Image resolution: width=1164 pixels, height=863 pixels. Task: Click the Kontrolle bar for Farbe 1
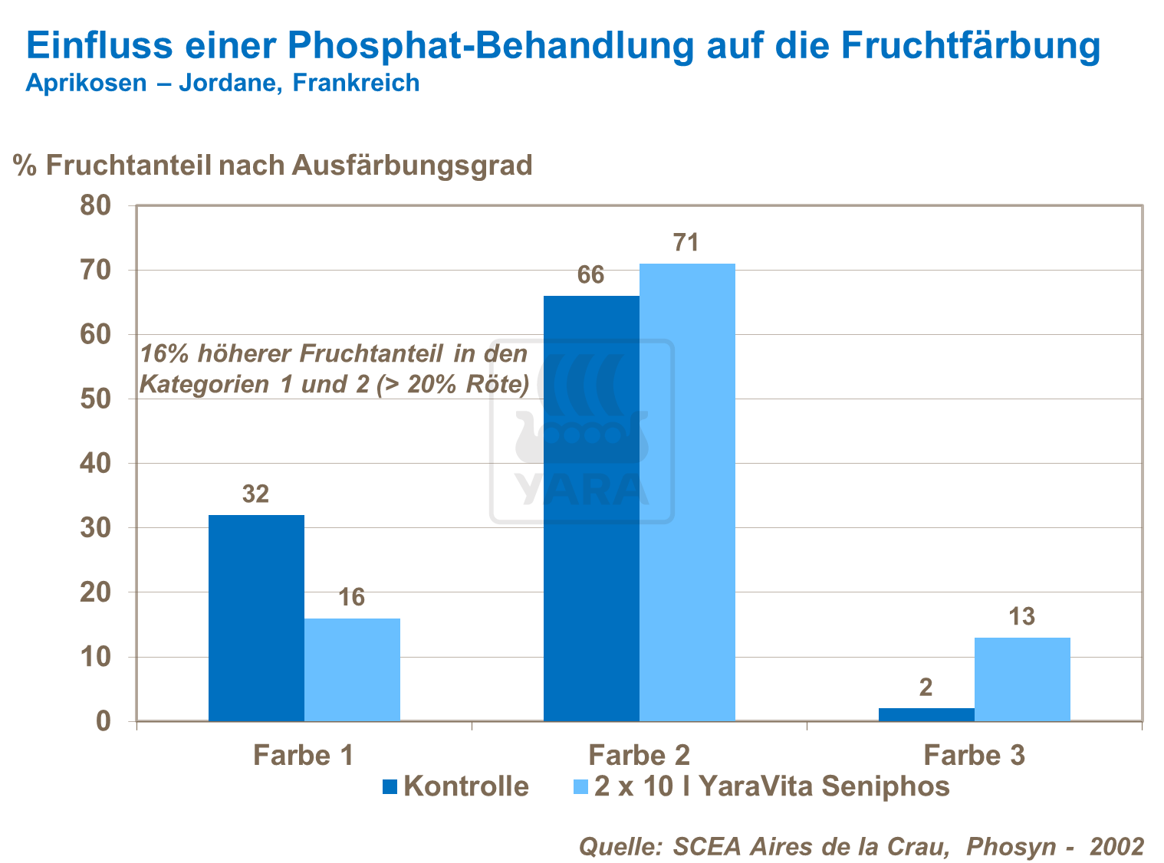[x=256, y=618]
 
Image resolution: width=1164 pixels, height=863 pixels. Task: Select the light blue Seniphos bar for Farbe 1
[x=352, y=669]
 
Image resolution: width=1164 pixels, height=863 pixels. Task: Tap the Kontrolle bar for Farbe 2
[x=591, y=508]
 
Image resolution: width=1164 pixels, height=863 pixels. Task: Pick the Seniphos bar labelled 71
[x=687, y=492]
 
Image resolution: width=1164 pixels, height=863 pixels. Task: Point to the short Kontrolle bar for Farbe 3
[x=926, y=714]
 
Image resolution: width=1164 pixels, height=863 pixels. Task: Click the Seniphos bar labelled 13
[x=1022, y=679]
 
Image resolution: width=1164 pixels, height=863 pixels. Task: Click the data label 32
[x=256, y=494]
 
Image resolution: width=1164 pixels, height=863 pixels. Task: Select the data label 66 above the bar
[x=590, y=275]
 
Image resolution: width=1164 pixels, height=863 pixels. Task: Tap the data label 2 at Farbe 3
[x=926, y=687]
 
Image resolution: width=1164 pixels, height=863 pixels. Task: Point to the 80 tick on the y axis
[x=96, y=206]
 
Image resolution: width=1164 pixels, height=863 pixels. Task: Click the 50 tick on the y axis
[x=96, y=399]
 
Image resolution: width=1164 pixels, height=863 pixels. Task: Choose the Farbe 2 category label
[x=639, y=756]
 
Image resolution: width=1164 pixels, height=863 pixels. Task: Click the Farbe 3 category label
[x=974, y=756]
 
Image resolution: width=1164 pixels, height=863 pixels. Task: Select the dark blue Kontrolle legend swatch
[x=390, y=787]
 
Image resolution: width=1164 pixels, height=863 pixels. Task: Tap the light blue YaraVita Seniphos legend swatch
[x=581, y=787]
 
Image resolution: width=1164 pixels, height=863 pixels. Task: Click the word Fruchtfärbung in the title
[x=970, y=45]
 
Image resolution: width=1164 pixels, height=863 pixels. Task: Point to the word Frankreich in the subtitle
[x=357, y=83]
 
